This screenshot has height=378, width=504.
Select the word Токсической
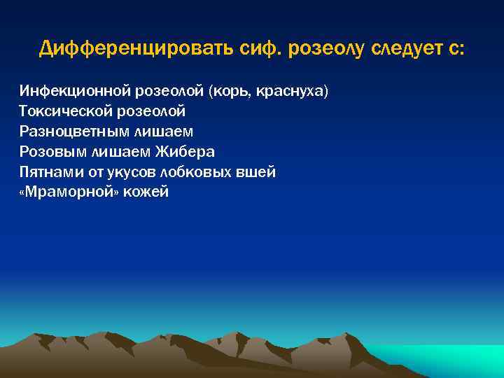62,111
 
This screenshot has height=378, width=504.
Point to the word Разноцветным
69,132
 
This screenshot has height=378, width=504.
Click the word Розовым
50,152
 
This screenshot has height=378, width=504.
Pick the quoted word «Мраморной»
69,192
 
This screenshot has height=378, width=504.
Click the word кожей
146,192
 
